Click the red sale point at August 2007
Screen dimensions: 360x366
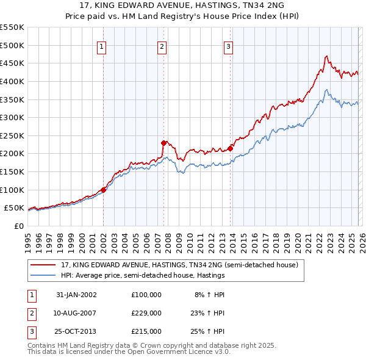coord(163,143)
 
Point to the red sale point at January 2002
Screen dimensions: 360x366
coord(104,190)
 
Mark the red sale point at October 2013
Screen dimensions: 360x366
coord(231,148)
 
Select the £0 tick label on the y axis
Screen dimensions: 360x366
coord(18,226)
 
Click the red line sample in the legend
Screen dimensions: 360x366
coord(43,265)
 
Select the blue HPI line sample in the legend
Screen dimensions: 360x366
coord(43,275)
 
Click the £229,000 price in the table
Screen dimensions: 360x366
coord(146,313)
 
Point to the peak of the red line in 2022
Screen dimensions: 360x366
coord(326,56)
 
